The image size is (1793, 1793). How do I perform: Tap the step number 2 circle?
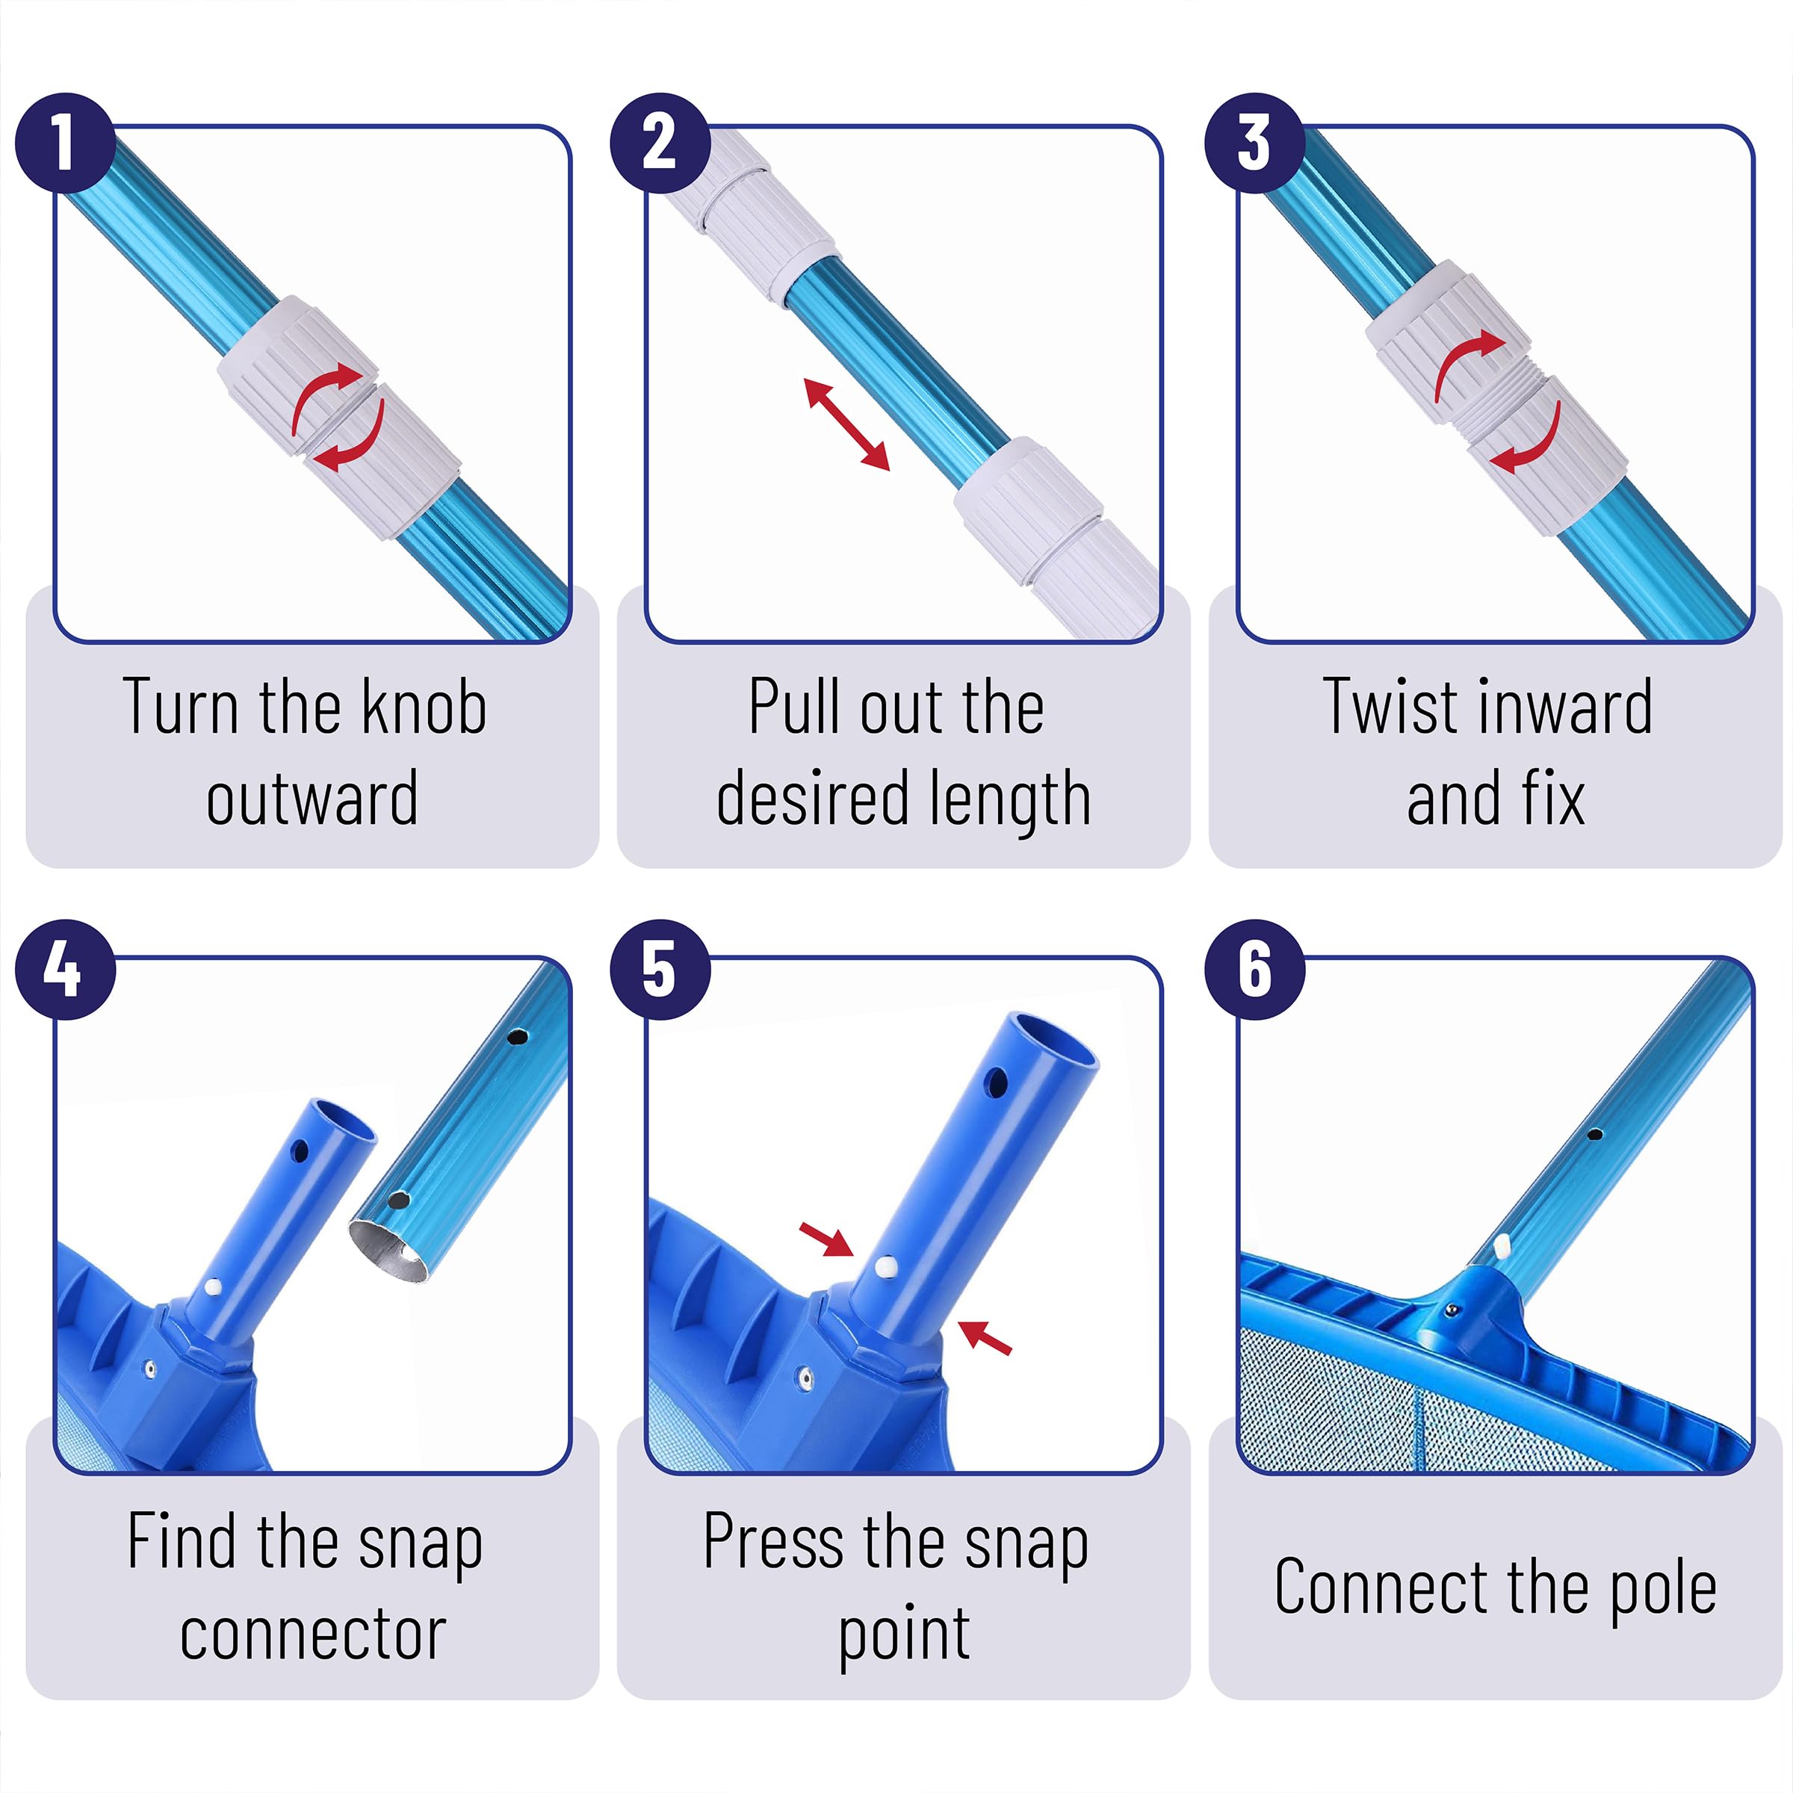660,143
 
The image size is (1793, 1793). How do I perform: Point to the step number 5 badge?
660,970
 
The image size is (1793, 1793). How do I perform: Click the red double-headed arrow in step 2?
846,424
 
